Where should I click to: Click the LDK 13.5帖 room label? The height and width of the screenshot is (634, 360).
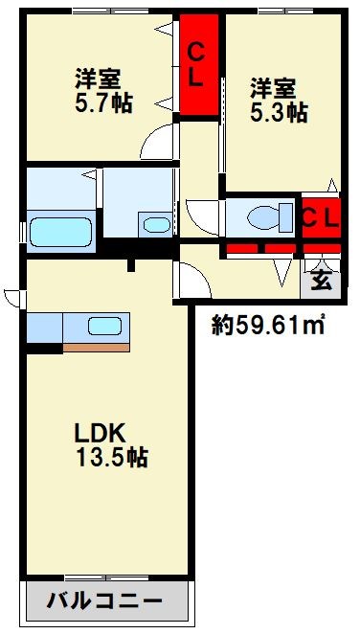[x=110, y=443]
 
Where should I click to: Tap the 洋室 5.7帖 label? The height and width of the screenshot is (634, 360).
[x=103, y=89]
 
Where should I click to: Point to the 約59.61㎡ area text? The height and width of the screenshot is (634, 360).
[x=268, y=326]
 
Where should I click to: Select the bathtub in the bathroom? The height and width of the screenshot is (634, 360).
[x=59, y=230]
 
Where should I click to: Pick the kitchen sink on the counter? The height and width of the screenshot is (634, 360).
[x=103, y=325]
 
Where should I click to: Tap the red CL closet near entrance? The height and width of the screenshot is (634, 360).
[x=320, y=216]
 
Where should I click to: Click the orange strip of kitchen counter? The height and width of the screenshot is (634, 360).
[x=96, y=347]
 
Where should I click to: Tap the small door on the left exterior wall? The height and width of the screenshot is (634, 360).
[x=10, y=297]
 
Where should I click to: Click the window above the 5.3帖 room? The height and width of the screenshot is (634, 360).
[x=278, y=11]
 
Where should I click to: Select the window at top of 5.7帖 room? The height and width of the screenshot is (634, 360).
[x=99, y=11]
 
